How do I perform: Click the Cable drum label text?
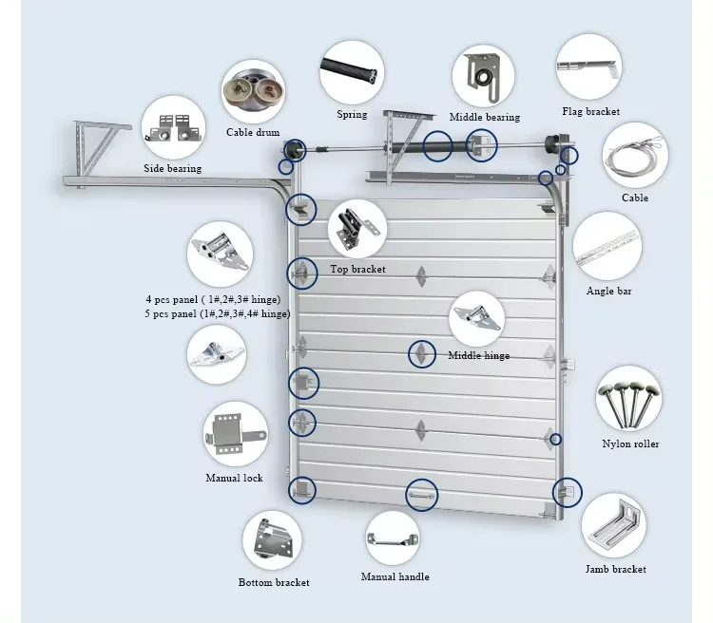tap(253, 133)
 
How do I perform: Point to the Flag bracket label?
tap(590, 112)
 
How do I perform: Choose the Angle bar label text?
tap(608, 291)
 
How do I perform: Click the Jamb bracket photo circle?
tap(614, 525)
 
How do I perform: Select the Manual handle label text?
tap(395, 576)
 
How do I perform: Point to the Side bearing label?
tap(172, 168)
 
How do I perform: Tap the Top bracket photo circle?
tap(357, 230)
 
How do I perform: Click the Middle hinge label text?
tap(478, 356)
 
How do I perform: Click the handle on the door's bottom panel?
tap(421, 495)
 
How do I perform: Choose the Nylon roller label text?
tap(629, 444)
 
